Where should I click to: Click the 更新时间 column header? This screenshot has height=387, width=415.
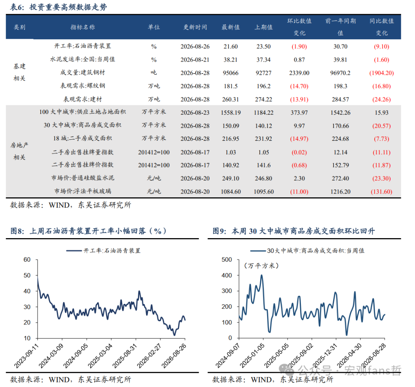[195, 27]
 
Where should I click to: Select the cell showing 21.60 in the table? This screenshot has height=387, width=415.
[231, 46]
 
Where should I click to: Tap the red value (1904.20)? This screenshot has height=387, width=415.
[382, 73]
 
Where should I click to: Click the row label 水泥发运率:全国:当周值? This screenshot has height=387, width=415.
[83, 59]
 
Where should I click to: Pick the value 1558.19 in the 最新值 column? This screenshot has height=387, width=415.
[231, 113]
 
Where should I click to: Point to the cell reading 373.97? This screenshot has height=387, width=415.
[299, 113]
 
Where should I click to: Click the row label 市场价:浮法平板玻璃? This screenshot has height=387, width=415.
[83, 191]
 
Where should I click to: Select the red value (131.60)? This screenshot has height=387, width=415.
[382, 192]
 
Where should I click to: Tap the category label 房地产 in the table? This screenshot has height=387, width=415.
[19, 145]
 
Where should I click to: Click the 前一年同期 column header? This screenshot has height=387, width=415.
[340, 21]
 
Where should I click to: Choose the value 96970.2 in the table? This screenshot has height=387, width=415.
[340, 73]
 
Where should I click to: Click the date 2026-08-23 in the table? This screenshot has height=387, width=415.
[195, 113]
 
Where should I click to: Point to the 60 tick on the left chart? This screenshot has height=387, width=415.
[27, 260]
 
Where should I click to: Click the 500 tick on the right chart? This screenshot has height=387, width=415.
[227, 260]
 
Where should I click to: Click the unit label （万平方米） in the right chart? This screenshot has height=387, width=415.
[262, 266]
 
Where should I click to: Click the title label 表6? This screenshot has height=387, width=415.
[17, 7]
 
